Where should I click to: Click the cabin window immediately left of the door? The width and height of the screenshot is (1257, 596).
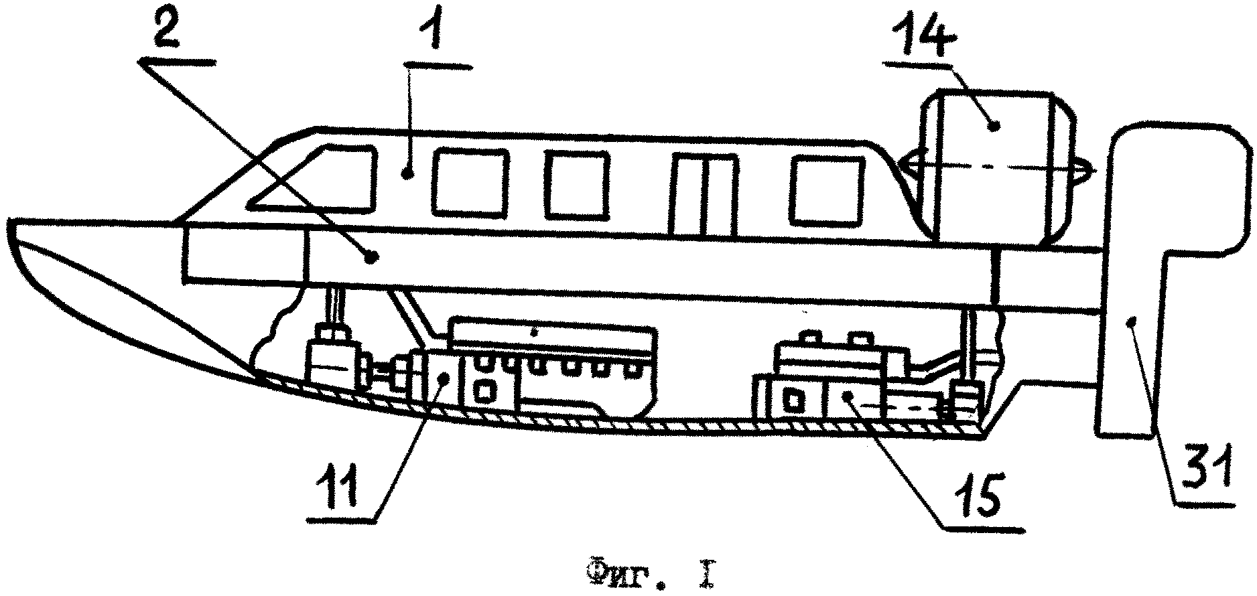[x=577, y=185]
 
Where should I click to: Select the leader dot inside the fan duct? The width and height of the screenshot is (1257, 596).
[x=996, y=125]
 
